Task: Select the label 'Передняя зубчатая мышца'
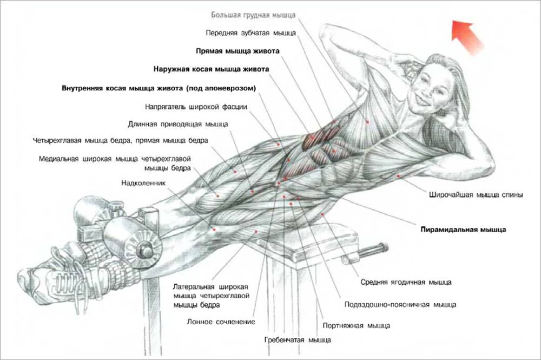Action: (251, 33)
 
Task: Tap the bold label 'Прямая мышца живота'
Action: (237, 51)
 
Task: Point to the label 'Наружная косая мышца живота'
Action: (211, 70)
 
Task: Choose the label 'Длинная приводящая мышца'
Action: (178, 124)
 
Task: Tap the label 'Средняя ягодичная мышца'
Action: (406, 282)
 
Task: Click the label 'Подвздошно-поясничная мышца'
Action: (400, 305)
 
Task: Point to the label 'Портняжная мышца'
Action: (356, 326)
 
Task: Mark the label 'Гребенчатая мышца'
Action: (298, 341)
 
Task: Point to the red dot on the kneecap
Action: (214, 229)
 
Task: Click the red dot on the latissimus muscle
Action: (399, 176)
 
